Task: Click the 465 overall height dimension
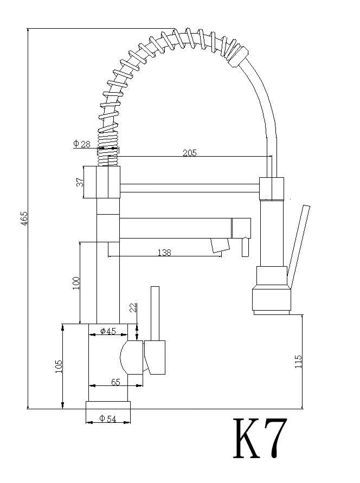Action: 23,218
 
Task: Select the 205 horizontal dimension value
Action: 189,153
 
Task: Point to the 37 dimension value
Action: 79,183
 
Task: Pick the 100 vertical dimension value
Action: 75,282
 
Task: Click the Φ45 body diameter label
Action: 108,331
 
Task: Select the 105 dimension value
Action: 59,366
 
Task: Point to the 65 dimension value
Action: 115,382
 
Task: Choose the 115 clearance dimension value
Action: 298,362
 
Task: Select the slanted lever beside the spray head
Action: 299,244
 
